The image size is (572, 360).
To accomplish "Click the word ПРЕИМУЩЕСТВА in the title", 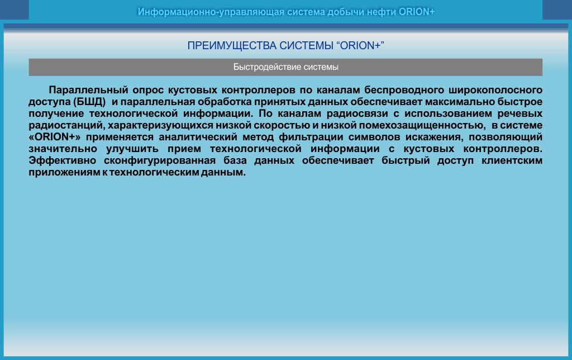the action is coord(232,46).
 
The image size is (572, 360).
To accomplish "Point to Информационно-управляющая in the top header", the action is coord(211,12).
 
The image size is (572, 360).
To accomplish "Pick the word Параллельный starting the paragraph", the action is coord(88,90).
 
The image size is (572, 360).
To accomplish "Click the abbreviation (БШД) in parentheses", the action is coord(89,102).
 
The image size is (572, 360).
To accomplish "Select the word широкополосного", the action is coord(495,90).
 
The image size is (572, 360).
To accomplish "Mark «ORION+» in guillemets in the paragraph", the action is coord(55,137).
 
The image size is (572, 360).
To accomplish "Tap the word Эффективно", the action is coord(63,160).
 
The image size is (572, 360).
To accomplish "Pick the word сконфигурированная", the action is coord(160,160).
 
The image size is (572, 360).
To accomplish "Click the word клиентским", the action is coord(512,160).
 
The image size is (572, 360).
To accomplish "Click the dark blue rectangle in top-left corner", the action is coord(14,10).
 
